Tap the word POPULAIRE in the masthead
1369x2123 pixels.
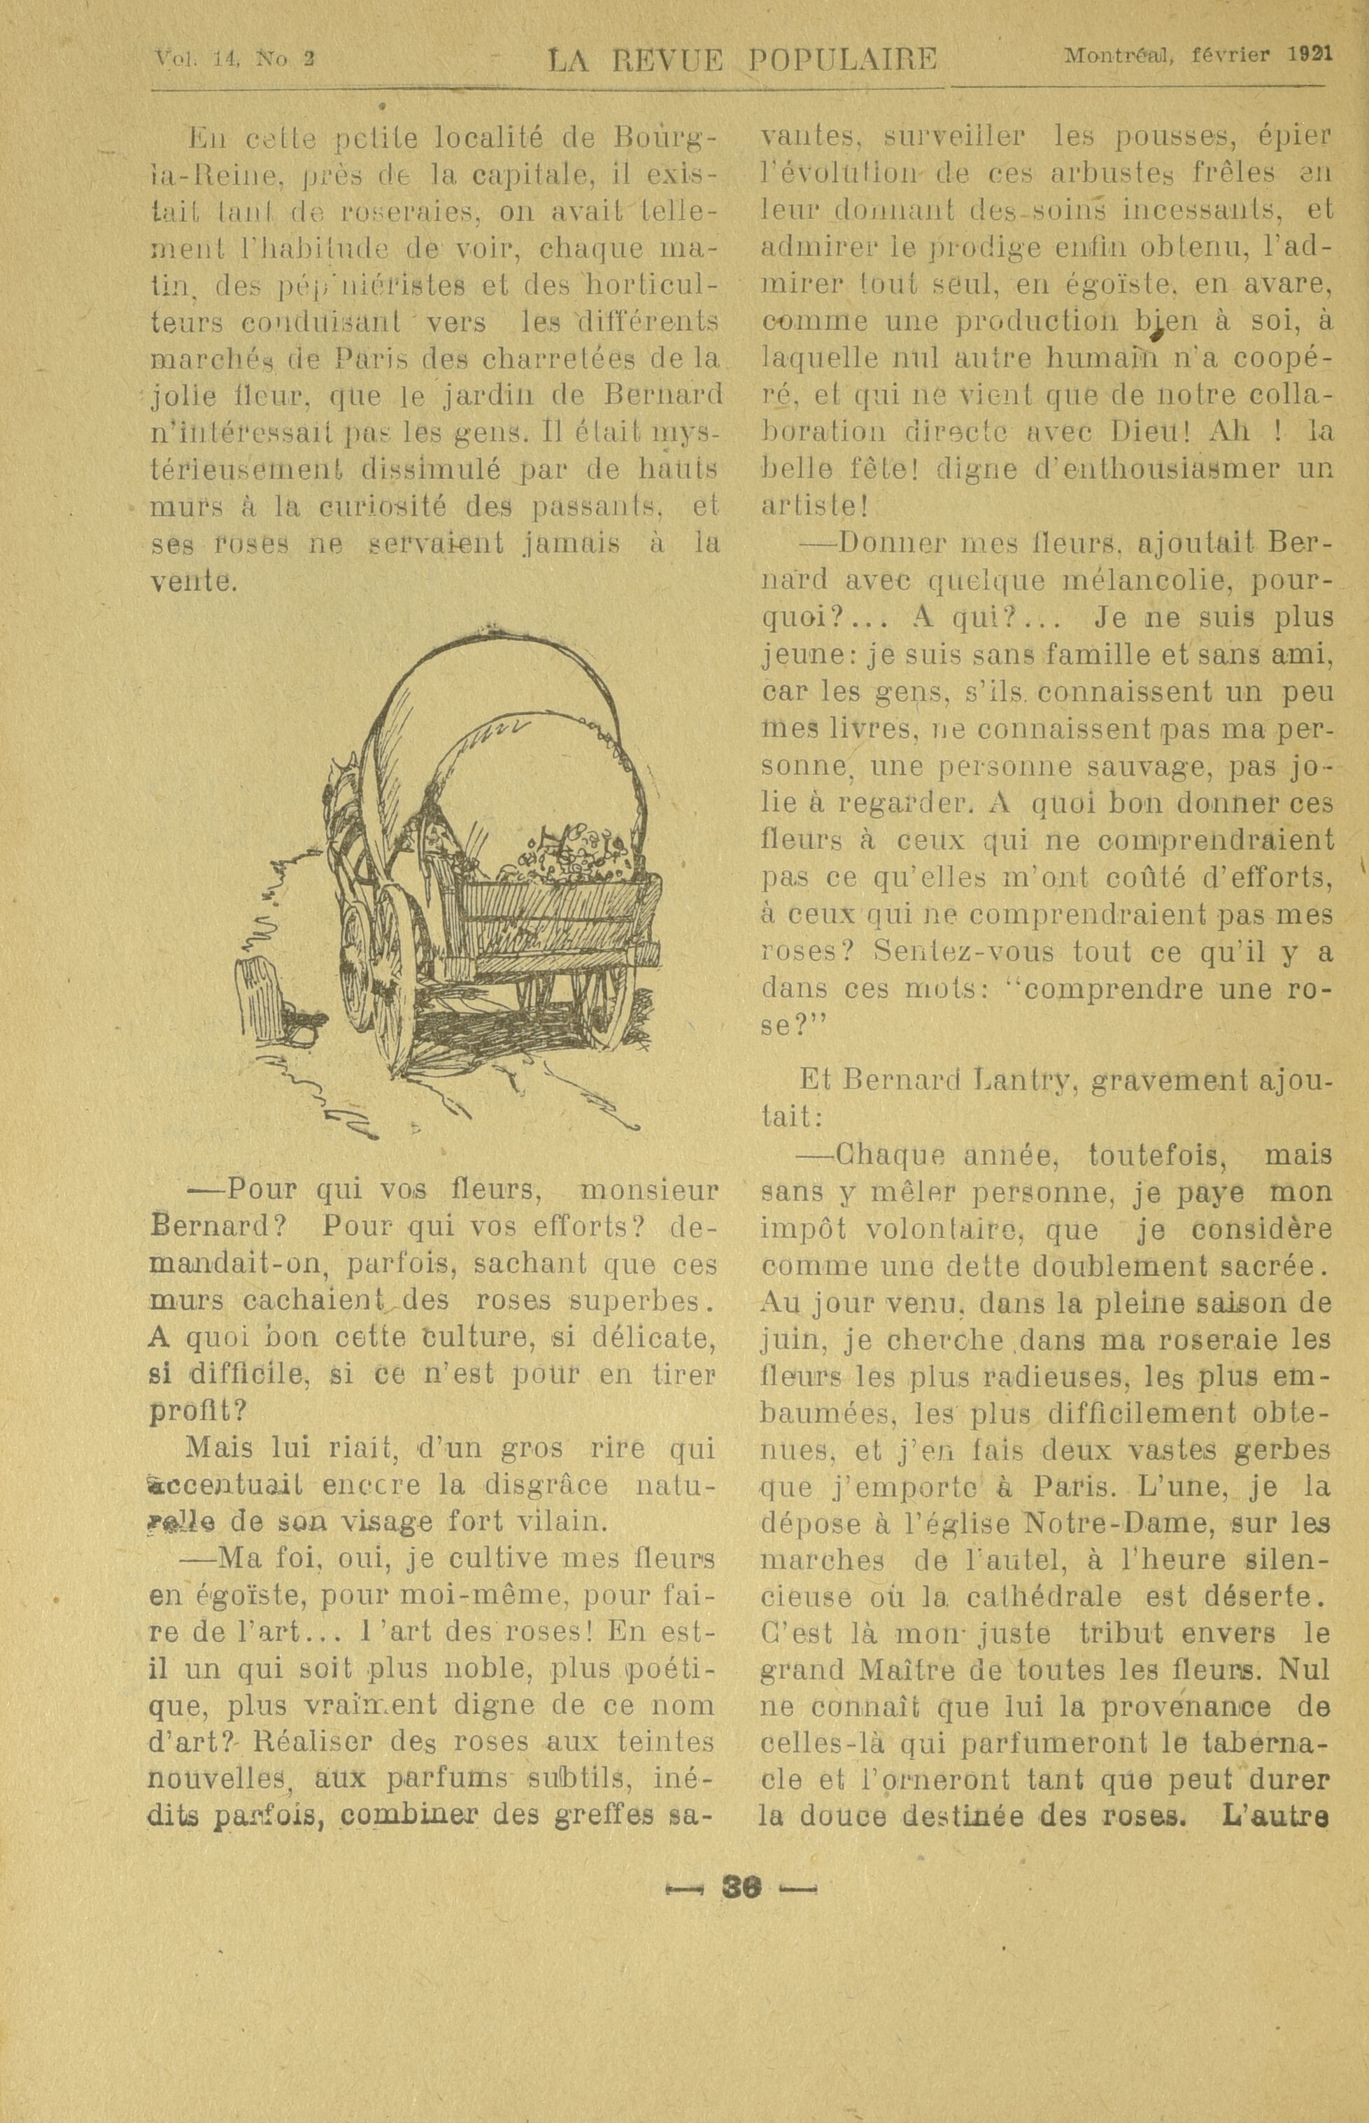click(x=842, y=60)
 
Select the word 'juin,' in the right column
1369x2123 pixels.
click(x=792, y=1340)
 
